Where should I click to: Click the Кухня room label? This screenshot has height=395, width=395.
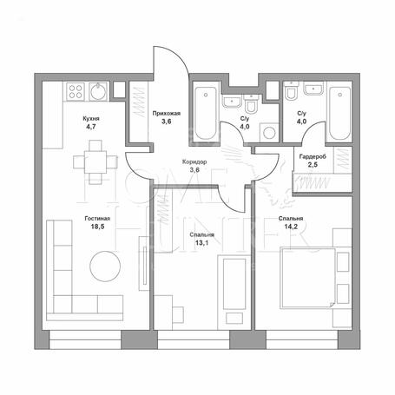point(91,119)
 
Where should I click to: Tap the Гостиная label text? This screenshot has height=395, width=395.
point(97,219)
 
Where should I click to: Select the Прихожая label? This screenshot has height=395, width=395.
point(167,114)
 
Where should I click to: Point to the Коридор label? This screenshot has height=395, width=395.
point(194,162)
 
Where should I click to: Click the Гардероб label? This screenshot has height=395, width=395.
point(313,157)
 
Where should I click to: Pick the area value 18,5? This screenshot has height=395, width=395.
point(97,227)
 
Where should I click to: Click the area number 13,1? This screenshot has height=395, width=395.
point(201,243)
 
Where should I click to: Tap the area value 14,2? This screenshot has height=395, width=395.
point(291,227)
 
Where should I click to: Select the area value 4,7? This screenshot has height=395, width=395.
point(91,127)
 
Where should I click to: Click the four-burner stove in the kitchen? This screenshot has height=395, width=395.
point(76,91)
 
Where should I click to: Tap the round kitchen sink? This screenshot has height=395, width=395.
point(98,91)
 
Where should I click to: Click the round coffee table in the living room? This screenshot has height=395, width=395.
point(105,267)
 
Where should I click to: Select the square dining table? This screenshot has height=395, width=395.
point(95,162)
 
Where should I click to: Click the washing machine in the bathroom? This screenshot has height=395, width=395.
point(269,133)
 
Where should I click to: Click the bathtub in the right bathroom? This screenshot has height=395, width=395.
point(340,114)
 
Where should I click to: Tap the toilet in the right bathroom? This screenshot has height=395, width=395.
point(291,90)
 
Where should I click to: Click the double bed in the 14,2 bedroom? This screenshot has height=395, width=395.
point(307,278)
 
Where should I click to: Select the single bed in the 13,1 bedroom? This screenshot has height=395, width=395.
point(234,284)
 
